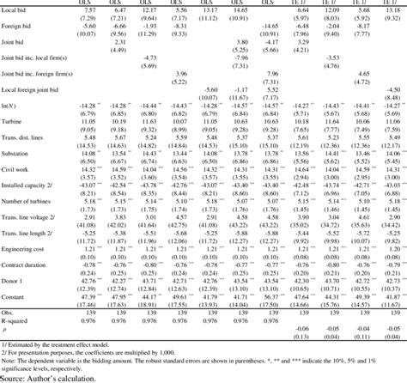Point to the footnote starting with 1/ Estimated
[x=63, y=342]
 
